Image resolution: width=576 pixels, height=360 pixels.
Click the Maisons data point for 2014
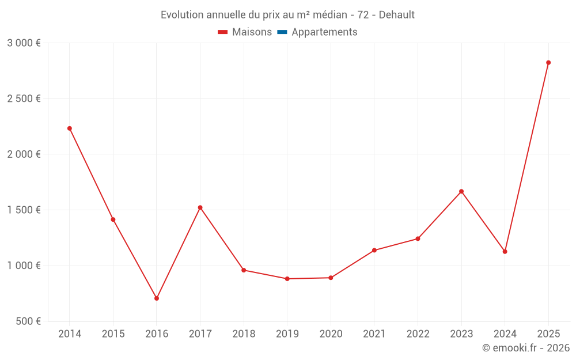pos(69,128)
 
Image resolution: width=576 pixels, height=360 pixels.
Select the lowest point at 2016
pos(157,298)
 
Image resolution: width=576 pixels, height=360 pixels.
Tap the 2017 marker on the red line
pos(200,207)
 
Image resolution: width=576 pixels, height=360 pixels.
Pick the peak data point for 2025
pos(548,63)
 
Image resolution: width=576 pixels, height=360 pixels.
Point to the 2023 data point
pos(461,191)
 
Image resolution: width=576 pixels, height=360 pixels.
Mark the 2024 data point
pos(505,252)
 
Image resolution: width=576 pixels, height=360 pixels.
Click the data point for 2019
pos(287,279)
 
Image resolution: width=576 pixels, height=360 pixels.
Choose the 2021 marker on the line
pos(374,250)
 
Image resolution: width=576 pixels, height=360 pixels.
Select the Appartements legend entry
pos(324,32)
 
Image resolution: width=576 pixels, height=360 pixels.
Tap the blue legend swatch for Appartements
pos(282,32)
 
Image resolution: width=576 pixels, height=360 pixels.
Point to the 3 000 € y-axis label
pos(24,43)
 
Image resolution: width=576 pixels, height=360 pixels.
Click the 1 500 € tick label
pos(24,210)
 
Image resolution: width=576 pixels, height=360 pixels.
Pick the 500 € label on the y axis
pos(28,321)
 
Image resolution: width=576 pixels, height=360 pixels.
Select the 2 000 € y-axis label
pos(24,154)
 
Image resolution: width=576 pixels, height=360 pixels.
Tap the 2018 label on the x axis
pos(244,334)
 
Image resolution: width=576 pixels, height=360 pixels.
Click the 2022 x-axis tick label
pos(418,334)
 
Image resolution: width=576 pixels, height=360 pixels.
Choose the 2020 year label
pos(331,334)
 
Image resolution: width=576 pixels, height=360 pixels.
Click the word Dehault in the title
pos(397,15)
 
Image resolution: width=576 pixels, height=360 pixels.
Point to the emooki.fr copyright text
pos(526,348)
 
